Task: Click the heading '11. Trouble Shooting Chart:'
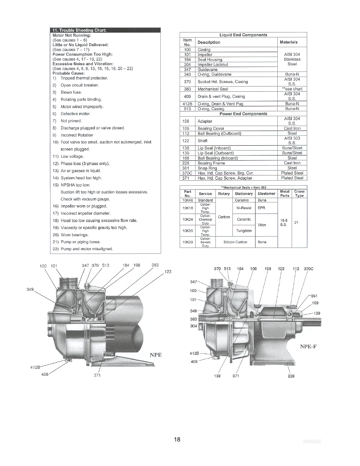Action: tap(80, 30)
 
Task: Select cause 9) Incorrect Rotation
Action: tap(77, 135)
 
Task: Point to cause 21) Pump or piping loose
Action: tap(80, 242)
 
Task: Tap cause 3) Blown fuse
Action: tap(71, 92)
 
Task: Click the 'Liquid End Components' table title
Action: tap(243, 35)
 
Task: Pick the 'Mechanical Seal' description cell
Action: tap(213, 89)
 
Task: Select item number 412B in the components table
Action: tap(187, 104)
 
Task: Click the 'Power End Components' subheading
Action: tap(243, 114)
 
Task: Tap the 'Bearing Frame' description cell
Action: tap(211, 163)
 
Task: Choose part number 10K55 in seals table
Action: tap(188, 231)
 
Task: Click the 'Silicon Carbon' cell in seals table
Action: tap(235, 242)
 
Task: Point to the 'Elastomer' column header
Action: tap(266, 194)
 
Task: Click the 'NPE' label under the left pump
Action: tap(155, 355)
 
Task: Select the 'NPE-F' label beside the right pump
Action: tap(308, 346)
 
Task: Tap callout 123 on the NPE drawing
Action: tap(168, 271)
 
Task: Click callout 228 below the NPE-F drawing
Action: tap(291, 376)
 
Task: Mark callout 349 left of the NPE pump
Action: tap(31, 289)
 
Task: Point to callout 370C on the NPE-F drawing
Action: tap(309, 269)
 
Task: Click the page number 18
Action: tap(177, 439)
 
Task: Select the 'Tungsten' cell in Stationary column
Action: tap(244, 231)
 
